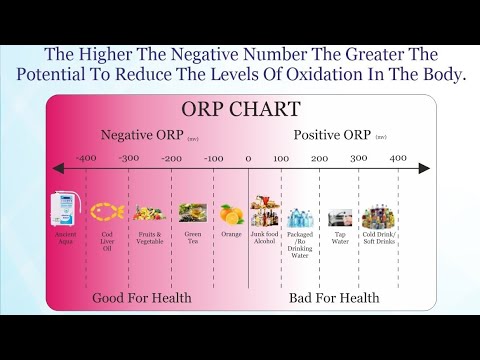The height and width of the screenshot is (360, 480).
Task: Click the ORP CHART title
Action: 240,109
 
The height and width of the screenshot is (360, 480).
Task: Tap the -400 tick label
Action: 86,158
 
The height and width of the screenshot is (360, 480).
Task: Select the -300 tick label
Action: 129,158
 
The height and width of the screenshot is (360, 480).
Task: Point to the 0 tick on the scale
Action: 249,158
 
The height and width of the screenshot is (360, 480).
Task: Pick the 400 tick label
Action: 397,158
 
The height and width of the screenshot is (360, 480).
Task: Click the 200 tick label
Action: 319,158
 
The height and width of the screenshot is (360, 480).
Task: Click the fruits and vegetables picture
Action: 149,212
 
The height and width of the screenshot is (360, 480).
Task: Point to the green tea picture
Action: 192,212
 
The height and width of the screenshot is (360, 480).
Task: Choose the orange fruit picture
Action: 232,213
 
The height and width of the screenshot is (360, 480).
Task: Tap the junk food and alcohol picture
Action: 265,211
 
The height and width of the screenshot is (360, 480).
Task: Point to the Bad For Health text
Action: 334,297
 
